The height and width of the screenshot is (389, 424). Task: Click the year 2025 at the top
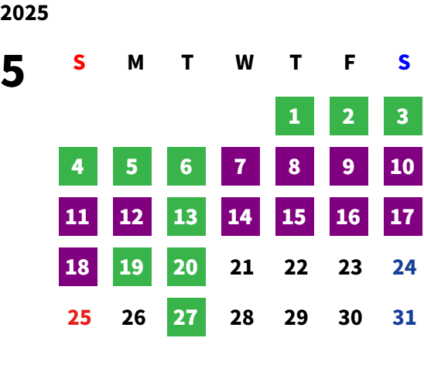[24, 12]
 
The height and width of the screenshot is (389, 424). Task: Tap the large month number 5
[12, 71]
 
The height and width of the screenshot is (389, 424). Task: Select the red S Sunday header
[79, 63]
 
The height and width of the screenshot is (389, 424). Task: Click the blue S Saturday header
[404, 63]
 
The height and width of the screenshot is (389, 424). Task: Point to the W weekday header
[244, 63]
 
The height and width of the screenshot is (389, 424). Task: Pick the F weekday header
[350, 63]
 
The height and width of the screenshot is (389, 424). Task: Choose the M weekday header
[135, 63]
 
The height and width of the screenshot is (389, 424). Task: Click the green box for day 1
[295, 116]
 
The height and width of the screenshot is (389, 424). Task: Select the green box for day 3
[403, 116]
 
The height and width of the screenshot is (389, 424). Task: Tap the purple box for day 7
[241, 166]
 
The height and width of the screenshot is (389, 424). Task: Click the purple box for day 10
[403, 166]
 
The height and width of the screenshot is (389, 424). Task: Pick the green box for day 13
[186, 217]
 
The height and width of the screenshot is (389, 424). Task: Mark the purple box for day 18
[78, 267]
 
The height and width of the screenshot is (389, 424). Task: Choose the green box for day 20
[186, 267]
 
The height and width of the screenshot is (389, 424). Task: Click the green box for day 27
[186, 317]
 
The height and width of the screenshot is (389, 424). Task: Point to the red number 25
[79, 317]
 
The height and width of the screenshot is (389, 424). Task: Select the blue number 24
[404, 267]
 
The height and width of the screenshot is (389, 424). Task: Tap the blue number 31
[404, 317]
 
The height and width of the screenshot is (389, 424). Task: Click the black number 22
[296, 267]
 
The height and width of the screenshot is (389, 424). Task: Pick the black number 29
[296, 317]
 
